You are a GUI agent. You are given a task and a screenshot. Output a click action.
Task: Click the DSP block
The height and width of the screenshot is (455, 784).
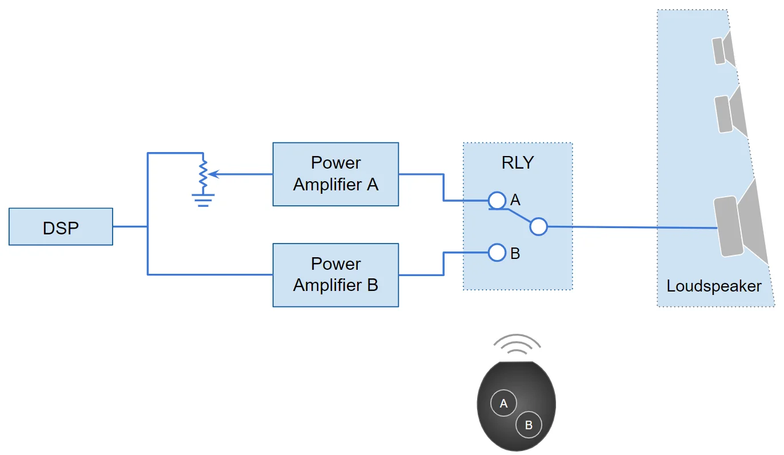61,227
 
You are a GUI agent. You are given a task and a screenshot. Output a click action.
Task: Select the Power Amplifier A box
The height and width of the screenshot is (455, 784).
335,174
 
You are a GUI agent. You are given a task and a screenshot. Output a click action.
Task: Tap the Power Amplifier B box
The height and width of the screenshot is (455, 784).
335,275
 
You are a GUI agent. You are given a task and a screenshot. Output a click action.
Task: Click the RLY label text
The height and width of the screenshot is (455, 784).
517,162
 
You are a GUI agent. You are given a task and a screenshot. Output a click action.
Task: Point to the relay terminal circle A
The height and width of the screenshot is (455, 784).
497,200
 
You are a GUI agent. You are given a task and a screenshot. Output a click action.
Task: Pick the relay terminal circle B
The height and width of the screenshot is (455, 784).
497,252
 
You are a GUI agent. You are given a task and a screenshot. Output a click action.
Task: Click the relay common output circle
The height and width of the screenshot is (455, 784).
538,226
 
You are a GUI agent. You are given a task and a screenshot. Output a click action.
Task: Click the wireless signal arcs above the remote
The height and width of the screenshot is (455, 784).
517,344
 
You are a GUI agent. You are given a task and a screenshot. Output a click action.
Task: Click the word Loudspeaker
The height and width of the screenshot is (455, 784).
714,286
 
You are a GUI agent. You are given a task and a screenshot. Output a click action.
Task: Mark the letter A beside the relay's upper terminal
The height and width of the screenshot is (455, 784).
515,200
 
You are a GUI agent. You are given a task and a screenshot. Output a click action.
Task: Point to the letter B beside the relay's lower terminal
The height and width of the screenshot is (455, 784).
515,253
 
